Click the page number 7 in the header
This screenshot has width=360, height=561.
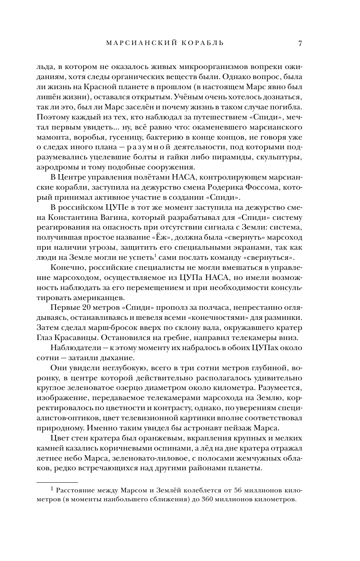click(x=300, y=43)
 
